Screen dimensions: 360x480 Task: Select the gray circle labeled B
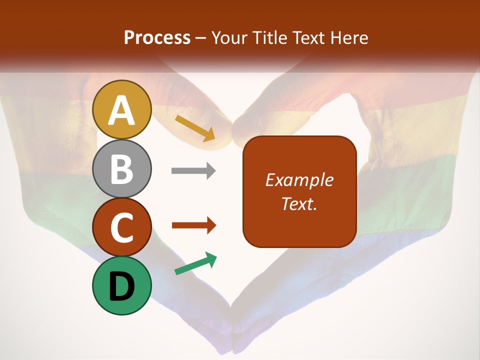coord(122,168)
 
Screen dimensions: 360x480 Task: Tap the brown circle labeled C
coord(122,227)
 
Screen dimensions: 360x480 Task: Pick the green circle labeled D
coord(122,285)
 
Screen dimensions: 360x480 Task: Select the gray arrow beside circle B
coord(193,171)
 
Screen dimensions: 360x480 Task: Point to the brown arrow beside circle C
coord(193,225)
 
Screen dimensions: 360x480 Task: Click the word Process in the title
coord(157,38)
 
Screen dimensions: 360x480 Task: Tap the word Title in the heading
coord(269,38)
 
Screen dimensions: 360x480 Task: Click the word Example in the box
coord(299,180)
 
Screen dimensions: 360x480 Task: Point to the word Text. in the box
coord(299,203)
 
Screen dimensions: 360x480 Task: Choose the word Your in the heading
coord(229,38)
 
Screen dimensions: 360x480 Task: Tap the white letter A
coord(122,110)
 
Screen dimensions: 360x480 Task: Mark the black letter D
coord(122,286)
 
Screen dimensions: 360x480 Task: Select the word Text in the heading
coord(309,38)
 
